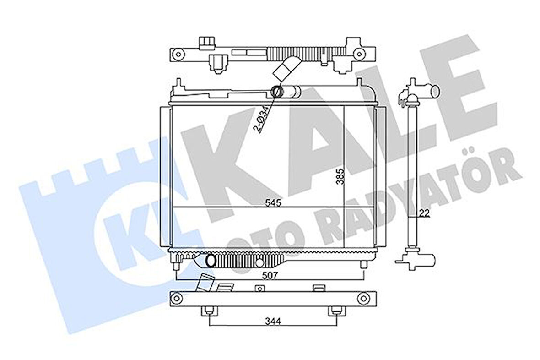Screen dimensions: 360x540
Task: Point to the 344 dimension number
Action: pyautogui.click(x=273, y=321)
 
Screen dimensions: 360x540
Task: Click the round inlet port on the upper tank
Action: pyautogui.click(x=277, y=92)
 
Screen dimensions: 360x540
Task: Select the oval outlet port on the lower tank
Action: pyautogui.click(x=211, y=261)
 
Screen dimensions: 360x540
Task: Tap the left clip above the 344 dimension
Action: pyautogui.click(x=209, y=311)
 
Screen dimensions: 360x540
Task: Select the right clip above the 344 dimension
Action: pyautogui.click(x=335, y=311)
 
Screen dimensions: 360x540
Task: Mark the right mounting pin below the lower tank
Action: pyautogui.click(x=363, y=265)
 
